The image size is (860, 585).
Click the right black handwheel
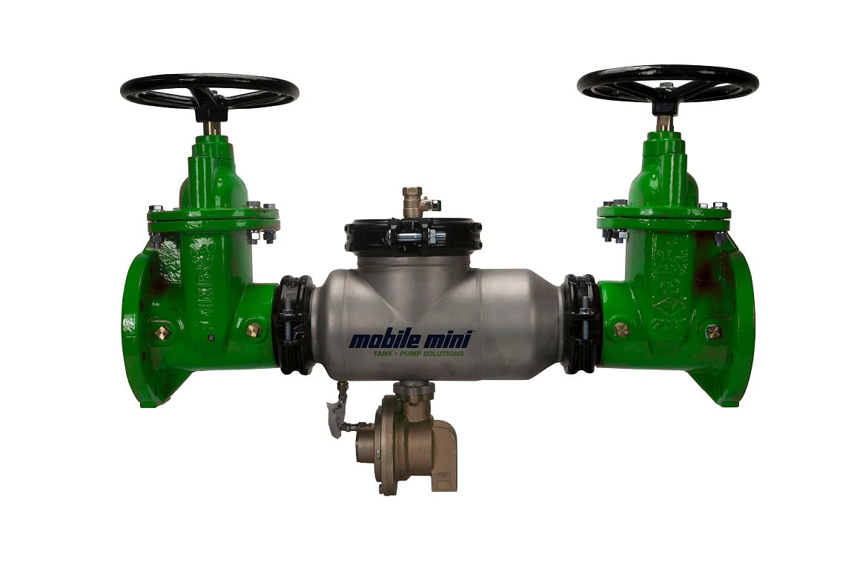(x=667, y=82)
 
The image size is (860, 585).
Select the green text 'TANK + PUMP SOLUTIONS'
(x=418, y=354)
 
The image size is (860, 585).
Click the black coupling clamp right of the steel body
(x=579, y=322)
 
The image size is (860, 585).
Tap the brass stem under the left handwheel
(x=212, y=127)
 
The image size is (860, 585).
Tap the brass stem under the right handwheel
(x=665, y=122)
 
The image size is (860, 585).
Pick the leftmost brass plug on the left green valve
(x=162, y=332)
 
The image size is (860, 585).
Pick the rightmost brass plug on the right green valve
(x=712, y=330)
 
